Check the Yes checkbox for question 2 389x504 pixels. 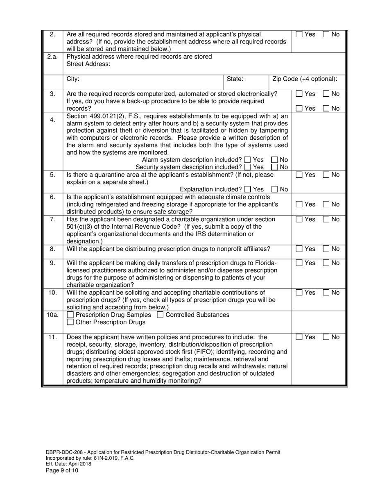300,35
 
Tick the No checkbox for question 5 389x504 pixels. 326,175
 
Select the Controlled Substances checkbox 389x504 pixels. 161,315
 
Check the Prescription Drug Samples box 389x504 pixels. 70,315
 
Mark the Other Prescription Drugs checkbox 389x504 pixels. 70,322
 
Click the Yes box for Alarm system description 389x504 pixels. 247,160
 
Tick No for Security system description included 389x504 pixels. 275,167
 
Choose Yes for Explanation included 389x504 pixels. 247,189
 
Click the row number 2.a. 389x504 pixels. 52,57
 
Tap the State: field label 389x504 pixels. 235,79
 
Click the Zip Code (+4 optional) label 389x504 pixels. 305,79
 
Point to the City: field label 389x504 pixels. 73,79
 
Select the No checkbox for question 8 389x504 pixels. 326,249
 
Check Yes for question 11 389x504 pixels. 300,337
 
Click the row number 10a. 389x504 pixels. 52,315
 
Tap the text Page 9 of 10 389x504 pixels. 62,470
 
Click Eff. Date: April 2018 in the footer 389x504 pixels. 68,464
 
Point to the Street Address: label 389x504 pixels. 88,64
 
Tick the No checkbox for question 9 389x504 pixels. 326,263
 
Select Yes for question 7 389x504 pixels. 300,220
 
